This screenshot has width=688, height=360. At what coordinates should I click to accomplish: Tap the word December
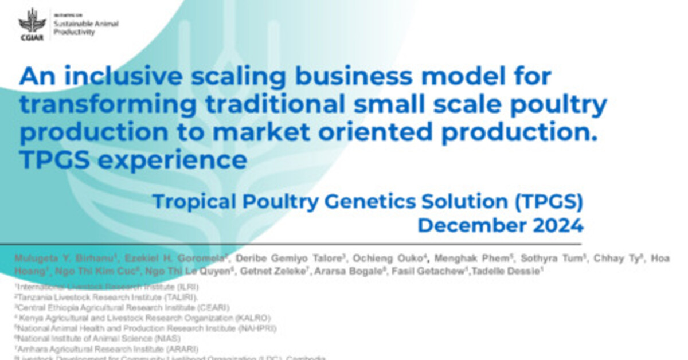(467, 225)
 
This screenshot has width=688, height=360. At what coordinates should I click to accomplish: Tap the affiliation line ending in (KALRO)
(143, 318)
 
